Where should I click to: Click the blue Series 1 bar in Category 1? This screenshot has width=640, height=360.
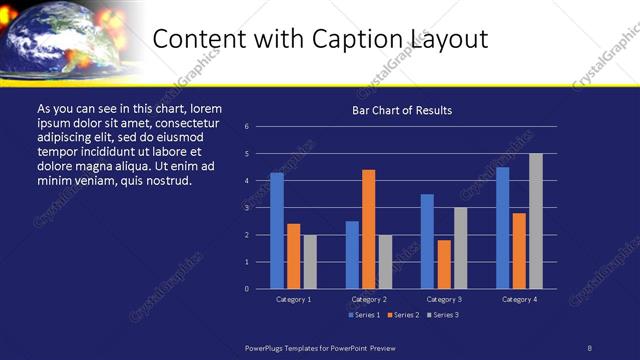point(277,231)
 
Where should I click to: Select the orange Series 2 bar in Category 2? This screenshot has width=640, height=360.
point(368,229)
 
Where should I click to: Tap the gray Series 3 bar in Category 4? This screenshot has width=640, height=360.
point(535,221)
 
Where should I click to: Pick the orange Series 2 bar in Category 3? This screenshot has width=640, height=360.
point(443,264)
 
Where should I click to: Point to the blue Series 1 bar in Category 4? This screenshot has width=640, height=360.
point(502,228)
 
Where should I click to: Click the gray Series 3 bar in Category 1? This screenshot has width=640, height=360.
point(310,262)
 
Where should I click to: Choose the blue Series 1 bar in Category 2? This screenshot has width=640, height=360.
point(352,255)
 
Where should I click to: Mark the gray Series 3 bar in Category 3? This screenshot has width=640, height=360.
point(460,248)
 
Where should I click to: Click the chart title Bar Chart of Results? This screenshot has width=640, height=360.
point(402,110)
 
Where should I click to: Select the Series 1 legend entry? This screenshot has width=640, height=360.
point(362,315)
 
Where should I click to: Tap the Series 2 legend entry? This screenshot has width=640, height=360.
point(402,315)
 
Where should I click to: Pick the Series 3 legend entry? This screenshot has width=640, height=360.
point(442,315)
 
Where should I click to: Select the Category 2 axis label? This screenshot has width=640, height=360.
point(369,299)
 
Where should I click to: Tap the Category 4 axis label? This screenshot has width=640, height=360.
point(519,299)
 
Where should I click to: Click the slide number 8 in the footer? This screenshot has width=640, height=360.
point(590,347)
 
